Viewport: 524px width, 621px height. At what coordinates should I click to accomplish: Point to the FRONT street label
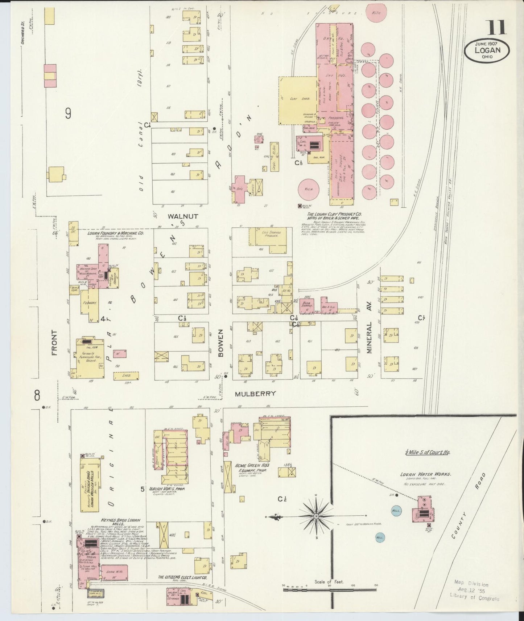55,342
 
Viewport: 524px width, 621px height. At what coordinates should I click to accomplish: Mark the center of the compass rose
316,516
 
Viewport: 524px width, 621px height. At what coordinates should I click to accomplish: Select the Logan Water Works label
422,474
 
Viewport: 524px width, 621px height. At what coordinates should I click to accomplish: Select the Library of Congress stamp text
474,599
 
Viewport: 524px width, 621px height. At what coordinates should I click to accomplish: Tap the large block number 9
68,114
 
